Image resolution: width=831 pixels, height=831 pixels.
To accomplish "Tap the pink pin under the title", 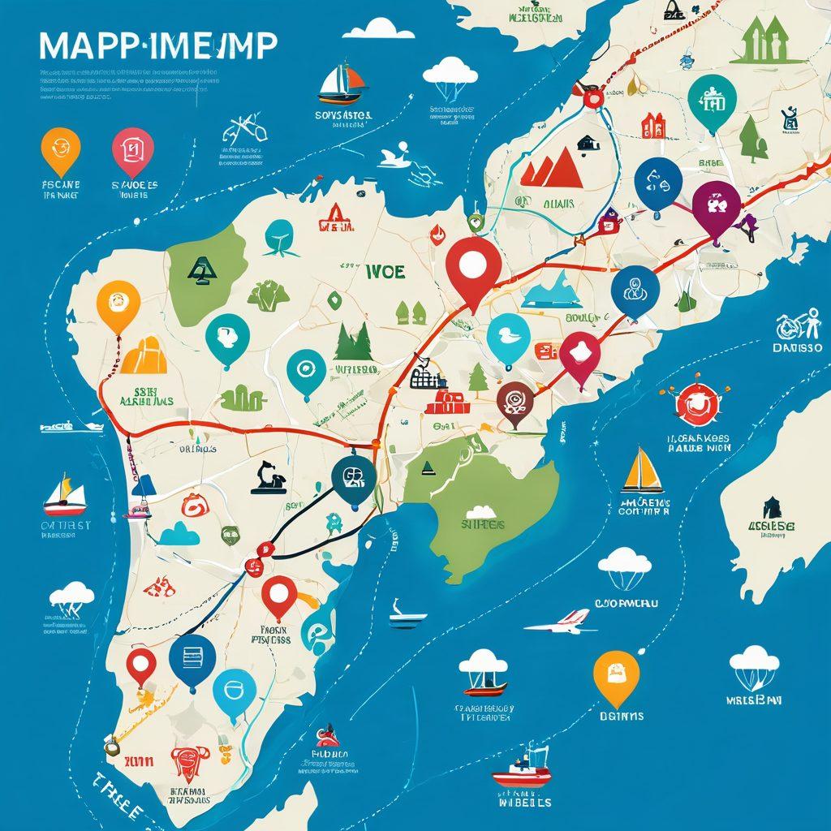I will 132,149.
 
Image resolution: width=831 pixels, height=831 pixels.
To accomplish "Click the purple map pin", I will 717,205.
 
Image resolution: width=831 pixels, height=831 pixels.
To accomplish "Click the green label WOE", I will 385,271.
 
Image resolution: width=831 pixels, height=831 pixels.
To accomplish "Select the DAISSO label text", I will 797,347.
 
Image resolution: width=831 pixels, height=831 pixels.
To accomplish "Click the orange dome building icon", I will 145,355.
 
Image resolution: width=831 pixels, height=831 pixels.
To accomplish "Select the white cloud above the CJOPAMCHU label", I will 624,560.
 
